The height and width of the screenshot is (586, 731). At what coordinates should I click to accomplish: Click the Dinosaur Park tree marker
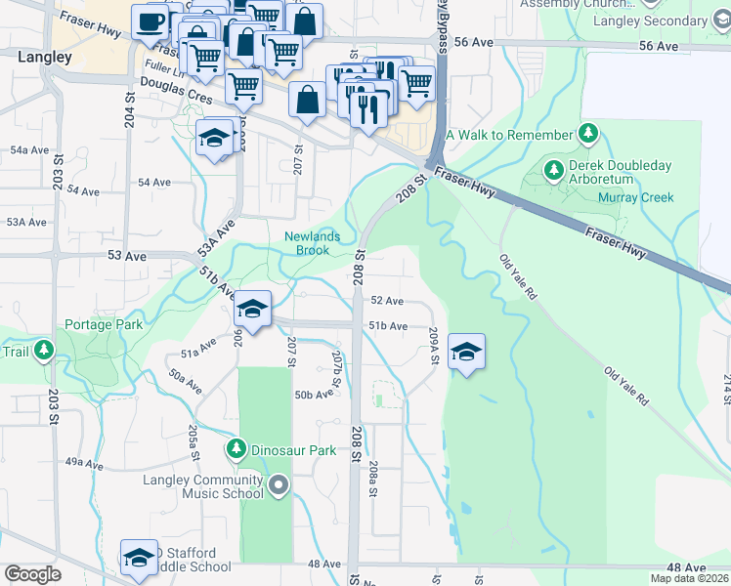236,450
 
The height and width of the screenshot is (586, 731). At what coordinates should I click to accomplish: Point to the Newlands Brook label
313,242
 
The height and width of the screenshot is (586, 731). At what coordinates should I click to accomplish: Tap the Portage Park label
104,324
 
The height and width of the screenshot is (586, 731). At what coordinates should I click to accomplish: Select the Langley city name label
45,58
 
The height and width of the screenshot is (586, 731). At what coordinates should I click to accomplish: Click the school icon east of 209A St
466,352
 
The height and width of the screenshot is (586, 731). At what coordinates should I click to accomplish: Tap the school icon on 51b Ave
252,312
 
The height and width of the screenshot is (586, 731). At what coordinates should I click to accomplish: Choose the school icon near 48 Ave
139,557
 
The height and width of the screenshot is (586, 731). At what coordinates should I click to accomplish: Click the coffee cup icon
150,21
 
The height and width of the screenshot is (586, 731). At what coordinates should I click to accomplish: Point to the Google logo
32,574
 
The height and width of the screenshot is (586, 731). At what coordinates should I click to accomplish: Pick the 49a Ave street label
84,461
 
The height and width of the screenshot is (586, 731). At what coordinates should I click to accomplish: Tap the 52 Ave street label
387,301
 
